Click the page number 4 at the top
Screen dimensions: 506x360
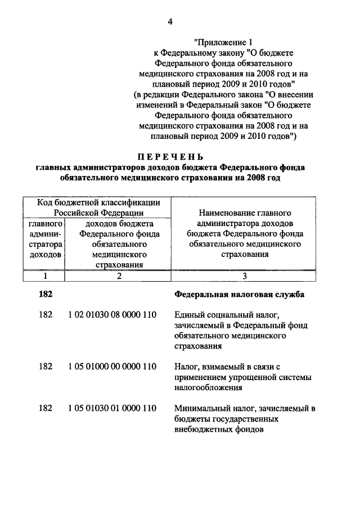169,22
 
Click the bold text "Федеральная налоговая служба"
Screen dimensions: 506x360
240,294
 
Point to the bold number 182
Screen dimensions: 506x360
46,294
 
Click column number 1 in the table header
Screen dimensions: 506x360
45,276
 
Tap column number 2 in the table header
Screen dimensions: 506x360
119,276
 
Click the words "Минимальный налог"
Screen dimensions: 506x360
210,408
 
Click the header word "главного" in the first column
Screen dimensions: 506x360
45,224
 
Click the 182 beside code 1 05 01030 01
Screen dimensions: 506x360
46,408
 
